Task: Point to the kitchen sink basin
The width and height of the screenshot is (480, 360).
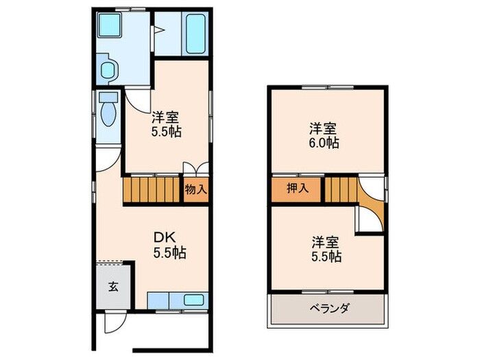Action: (194, 300)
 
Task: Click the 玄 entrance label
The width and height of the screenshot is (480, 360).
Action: (112, 287)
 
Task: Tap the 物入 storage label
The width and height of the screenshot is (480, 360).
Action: (195, 189)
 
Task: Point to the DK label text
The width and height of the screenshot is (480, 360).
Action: (165, 237)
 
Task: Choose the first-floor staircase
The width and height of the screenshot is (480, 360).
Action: (152, 189)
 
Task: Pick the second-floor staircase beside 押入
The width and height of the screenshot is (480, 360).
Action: (341, 190)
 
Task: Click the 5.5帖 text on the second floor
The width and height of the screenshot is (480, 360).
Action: (326, 257)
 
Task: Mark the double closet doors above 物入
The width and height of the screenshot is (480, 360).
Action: (195, 170)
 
